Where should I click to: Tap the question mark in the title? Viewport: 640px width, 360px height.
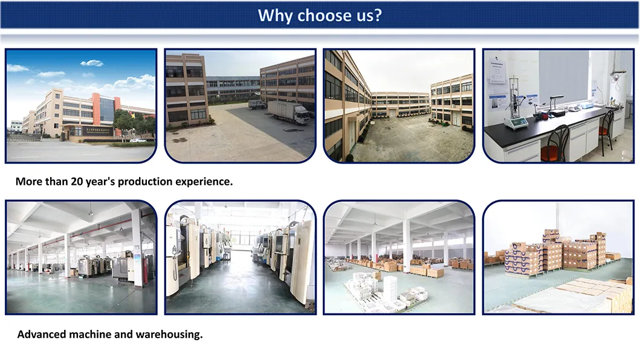coord(377,15)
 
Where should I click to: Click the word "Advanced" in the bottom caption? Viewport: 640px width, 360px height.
coord(44,334)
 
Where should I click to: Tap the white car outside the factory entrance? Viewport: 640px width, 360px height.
coord(137,140)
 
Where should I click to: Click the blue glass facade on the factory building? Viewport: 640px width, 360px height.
coord(108,109)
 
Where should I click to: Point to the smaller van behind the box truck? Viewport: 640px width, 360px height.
coord(256,104)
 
